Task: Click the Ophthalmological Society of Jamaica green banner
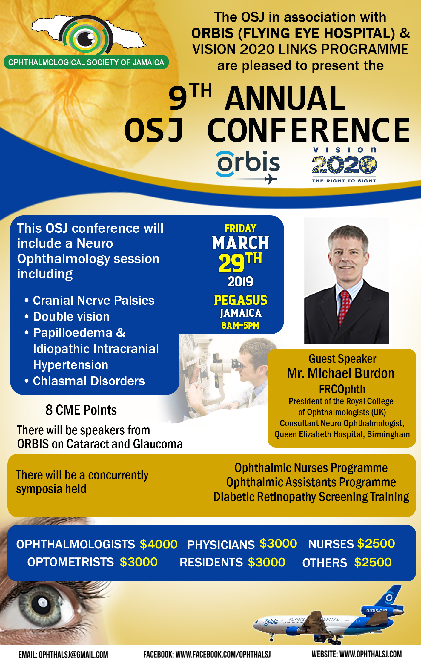pyautogui.click(x=86, y=62)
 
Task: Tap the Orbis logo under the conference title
pyautogui.click(x=248, y=167)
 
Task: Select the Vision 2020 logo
pyautogui.click(x=344, y=165)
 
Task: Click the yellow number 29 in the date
pyautogui.click(x=231, y=263)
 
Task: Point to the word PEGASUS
pyautogui.click(x=240, y=300)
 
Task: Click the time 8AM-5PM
pyautogui.click(x=240, y=325)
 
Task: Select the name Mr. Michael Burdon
pyautogui.click(x=341, y=373)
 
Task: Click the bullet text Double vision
pyautogui.click(x=71, y=317)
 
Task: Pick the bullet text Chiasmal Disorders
pyautogui.click(x=89, y=381)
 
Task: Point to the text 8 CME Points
pyautogui.click(x=81, y=410)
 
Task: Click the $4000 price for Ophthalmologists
pyautogui.click(x=159, y=544)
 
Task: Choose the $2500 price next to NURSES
pyautogui.click(x=376, y=543)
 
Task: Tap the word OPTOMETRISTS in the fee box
pyautogui.click(x=70, y=562)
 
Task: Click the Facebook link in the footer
pyautogui.click(x=207, y=654)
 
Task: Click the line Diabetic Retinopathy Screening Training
pyautogui.click(x=311, y=497)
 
